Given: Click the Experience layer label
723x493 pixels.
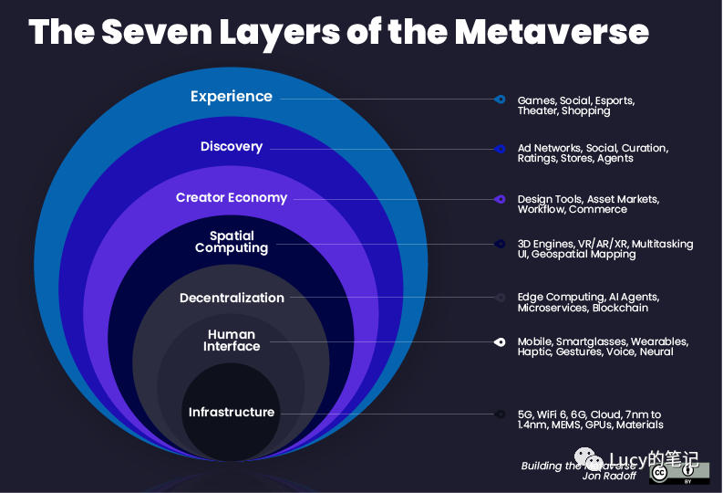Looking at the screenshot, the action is pos(232,97).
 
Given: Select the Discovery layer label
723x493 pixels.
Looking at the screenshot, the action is pos(232,146).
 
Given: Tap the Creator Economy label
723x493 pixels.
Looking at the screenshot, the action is pos(232,197).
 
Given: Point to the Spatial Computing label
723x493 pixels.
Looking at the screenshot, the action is pos(232,242).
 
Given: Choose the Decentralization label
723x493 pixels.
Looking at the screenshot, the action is pos(232,298).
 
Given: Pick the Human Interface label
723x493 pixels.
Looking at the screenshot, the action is pos(232,341).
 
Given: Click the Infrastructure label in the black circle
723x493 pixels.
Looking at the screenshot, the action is pos(232,412).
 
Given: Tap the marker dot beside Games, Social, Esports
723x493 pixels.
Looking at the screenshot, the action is pos(500,100).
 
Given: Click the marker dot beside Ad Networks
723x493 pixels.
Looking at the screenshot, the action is pos(500,149).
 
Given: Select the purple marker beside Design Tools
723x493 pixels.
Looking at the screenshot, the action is pos(500,199).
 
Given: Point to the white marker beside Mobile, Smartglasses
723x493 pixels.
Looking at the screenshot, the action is pos(500,342).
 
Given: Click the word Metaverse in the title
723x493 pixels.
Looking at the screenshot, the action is pos(552,31).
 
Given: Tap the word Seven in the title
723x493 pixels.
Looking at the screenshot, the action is pos(157,31).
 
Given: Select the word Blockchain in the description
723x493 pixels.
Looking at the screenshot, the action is pos(620,308).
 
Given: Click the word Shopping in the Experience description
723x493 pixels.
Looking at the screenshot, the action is pos(585,111).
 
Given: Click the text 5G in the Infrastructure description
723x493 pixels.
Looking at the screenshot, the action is pos(525,414).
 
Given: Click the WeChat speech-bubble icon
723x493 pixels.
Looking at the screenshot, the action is pos(588,459).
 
